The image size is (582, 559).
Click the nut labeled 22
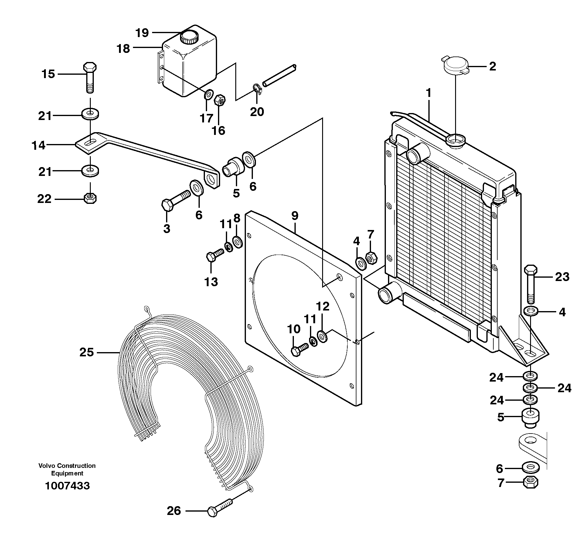(90, 198)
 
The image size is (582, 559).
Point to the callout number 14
(39, 146)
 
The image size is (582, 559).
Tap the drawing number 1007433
(67, 486)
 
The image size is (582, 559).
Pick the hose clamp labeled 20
(257, 89)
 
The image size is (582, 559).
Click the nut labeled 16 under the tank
(219, 100)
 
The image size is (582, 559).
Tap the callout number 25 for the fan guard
(87, 352)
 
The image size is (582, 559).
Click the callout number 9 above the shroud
(294, 216)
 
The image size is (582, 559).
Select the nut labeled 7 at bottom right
(530, 482)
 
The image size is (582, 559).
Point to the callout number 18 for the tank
(123, 49)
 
